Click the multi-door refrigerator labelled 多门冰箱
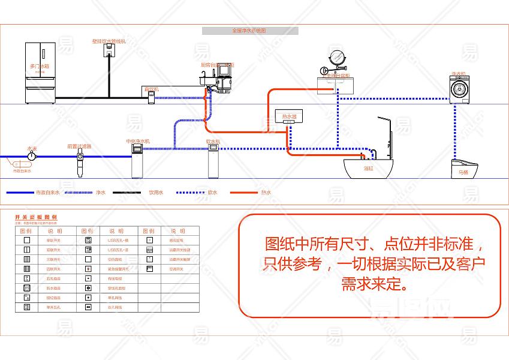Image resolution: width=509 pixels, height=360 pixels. click(x=40, y=73)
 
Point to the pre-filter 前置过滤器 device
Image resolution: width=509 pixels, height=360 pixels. click(x=80, y=161)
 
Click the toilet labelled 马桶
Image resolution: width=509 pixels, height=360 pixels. click(x=464, y=167)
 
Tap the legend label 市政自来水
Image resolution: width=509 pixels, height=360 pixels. click(x=47, y=193)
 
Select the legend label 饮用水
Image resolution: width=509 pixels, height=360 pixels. click(x=156, y=193)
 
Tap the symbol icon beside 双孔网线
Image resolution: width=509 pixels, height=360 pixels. click(x=88, y=307)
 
